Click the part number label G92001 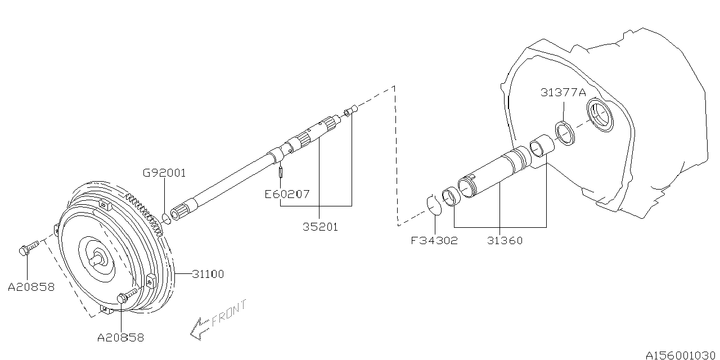(163, 173)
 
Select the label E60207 (287, 194)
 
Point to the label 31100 (208, 274)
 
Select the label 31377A (564, 92)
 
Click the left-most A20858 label (31, 287)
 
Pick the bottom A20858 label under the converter (120, 337)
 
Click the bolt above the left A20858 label (28, 248)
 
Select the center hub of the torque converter (98, 260)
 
